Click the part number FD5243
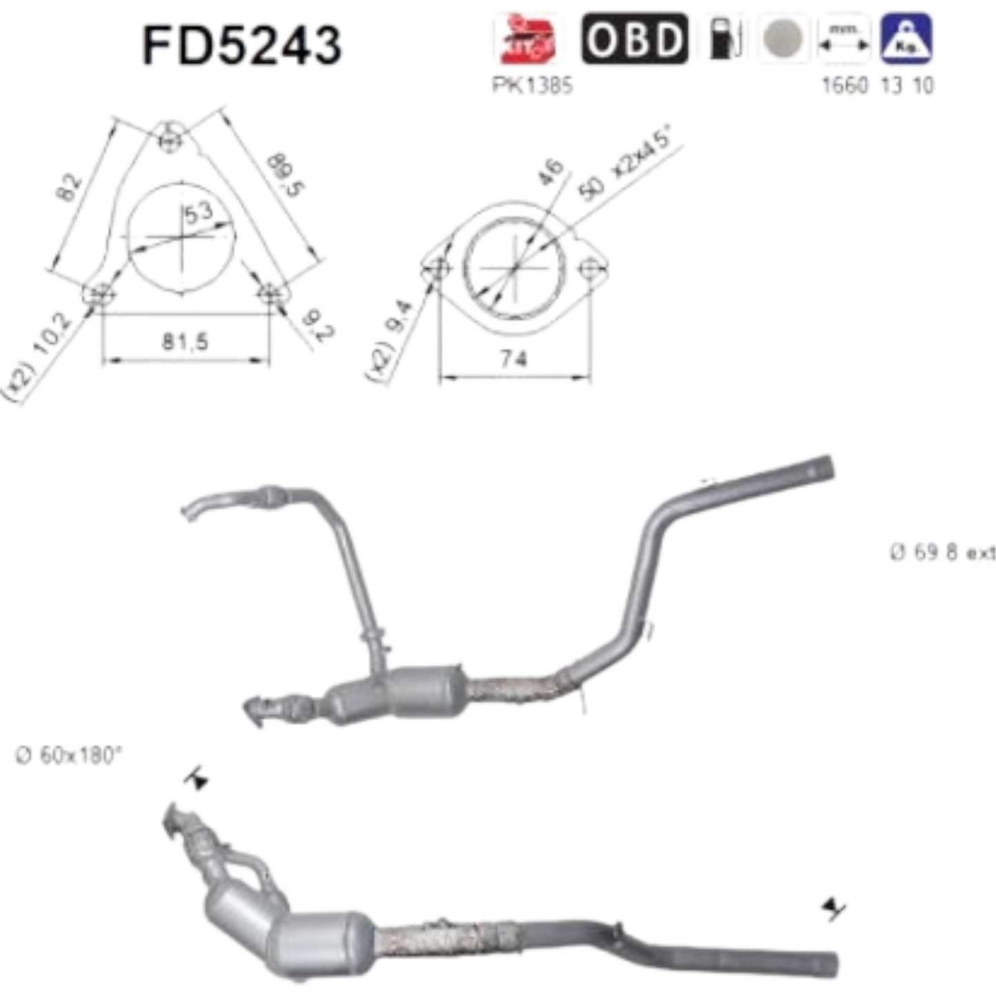[242, 43]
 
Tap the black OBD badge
[633, 39]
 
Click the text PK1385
[531, 87]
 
